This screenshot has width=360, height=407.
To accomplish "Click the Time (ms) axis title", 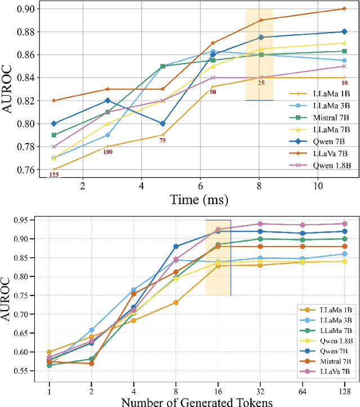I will pos(200,199).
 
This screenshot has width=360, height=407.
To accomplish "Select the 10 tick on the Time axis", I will pos(318,186).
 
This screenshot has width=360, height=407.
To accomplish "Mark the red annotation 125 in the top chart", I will pos(54,175).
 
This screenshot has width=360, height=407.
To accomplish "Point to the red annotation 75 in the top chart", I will pos(163,141).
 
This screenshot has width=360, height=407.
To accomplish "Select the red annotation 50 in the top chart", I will pos(213,91).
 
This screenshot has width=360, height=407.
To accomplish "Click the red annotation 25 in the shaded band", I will pos(261,83).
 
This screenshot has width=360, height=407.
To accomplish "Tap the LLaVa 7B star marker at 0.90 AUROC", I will pos(344,8).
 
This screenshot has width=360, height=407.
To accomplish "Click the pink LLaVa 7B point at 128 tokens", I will pos(344,223).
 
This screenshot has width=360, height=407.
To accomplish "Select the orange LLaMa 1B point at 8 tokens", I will pos(175,302).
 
